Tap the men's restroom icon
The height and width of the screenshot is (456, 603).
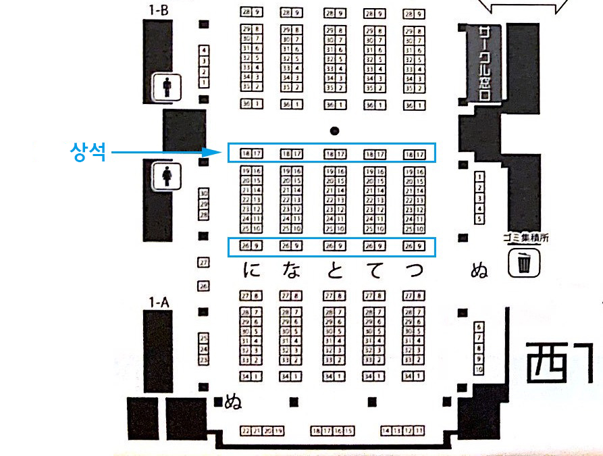point(165,87)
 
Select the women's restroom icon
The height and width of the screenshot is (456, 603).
point(165,177)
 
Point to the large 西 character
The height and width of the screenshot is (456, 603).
point(546,363)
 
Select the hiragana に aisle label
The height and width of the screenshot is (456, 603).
point(251,271)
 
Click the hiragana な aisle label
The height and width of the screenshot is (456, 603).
point(290,271)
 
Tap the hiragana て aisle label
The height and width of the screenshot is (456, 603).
point(373,271)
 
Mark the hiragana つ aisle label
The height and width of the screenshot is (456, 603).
point(414,271)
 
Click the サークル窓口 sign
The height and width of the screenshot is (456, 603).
point(483,64)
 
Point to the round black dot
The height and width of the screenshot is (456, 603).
point(334,130)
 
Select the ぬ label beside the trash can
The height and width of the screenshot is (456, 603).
point(479,272)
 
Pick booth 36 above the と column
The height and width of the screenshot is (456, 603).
point(330,105)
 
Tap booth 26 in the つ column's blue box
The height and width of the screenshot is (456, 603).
point(409,245)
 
